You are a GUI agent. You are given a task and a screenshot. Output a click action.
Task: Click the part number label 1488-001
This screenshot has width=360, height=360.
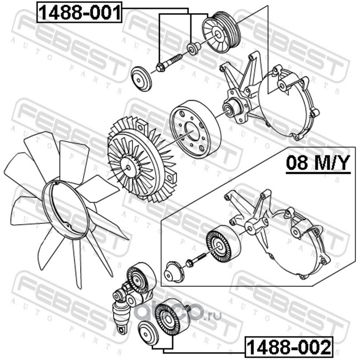[x=79, y=12]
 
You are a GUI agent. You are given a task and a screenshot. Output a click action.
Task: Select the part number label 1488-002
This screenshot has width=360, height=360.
[x=289, y=347]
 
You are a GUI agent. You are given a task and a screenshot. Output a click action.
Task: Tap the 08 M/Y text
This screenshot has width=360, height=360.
[x=318, y=162]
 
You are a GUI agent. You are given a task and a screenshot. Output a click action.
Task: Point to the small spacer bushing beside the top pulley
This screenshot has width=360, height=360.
[x=193, y=49]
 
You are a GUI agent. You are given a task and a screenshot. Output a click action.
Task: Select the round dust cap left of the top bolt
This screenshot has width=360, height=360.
[x=141, y=79]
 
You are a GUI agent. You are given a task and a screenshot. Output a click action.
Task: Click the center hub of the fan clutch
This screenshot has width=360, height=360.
[x=129, y=167]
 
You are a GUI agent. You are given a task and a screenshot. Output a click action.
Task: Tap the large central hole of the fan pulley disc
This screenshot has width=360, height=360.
[x=192, y=131]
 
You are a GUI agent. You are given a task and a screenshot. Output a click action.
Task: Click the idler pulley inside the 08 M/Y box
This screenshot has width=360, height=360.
[x=223, y=246]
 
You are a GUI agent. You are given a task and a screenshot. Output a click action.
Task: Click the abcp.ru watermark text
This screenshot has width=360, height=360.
[x=178, y=313]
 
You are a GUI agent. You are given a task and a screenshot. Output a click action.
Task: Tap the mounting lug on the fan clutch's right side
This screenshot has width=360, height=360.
[x=171, y=176]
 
